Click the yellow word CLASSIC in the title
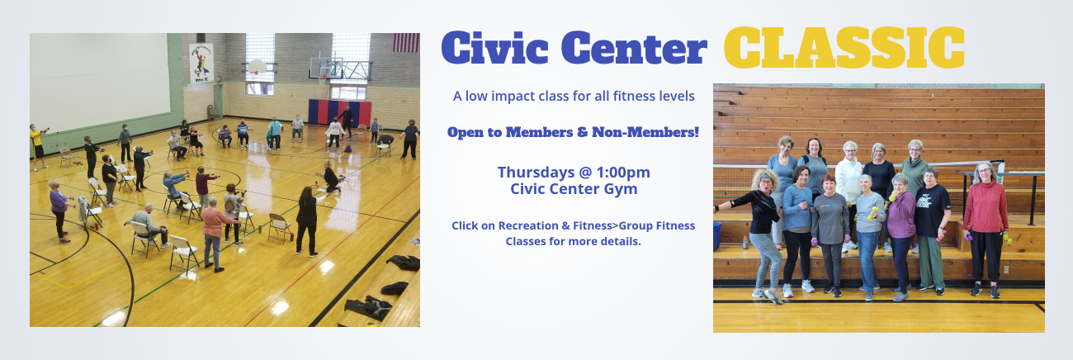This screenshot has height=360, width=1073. (x=844, y=47)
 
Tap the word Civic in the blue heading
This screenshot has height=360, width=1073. (x=495, y=47)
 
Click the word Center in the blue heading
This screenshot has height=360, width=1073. (x=634, y=47)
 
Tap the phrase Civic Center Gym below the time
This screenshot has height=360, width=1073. (x=574, y=189)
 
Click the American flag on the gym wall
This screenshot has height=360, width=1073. (x=406, y=42)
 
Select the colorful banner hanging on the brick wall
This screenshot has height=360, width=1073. (x=201, y=64)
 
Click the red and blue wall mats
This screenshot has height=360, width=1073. (x=339, y=112)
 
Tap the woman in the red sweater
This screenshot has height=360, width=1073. (x=985, y=230)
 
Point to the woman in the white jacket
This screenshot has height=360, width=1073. (x=848, y=192)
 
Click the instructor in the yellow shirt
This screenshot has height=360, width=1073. (x=37, y=147)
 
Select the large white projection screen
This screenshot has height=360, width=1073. (x=100, y=81)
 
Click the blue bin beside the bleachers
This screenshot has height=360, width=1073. (x=716, y=235)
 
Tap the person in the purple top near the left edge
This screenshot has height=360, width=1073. (x=59, y=211)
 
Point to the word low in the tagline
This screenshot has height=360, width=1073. (x=475, y=97)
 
